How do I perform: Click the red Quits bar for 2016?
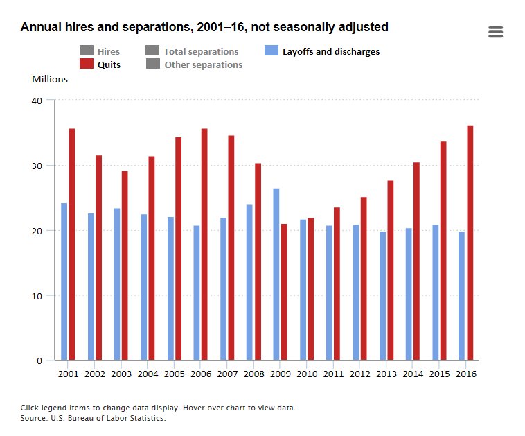tap(470, 243)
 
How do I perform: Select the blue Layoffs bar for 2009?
tap(276, 274)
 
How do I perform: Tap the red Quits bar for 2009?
tap(284, 292)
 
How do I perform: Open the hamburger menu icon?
tap(495, 32)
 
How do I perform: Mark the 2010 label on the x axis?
tap(307, 374)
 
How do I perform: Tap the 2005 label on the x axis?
tap(174, 374)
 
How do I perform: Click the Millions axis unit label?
tap(50, 79)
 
